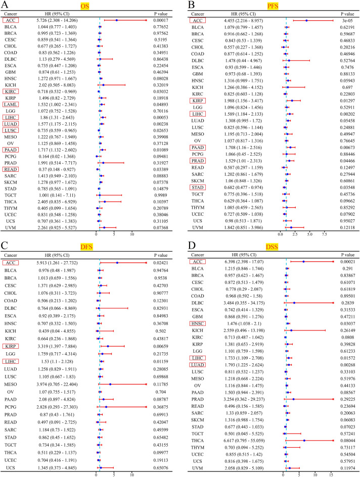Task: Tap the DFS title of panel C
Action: pos(92,245)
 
